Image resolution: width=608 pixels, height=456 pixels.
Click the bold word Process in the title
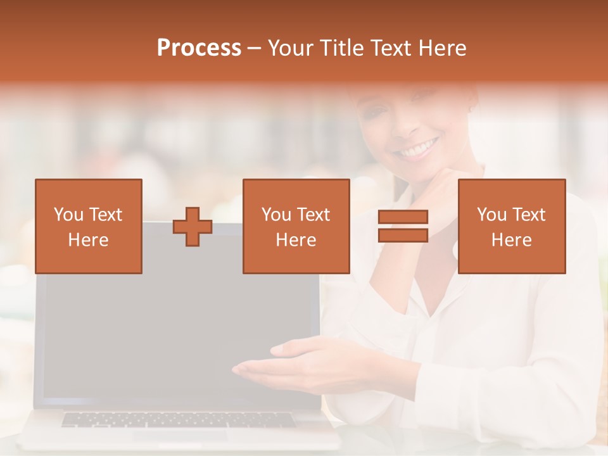[199, 48]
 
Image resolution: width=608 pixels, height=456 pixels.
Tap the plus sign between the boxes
[193, 226]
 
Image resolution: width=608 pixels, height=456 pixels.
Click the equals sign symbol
[403, 226]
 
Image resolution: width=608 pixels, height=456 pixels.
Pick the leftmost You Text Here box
[89, 226]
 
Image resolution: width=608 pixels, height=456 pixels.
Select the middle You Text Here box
[296, 226]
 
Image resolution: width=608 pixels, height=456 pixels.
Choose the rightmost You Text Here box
[512, 226]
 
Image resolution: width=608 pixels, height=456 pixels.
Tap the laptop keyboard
[177, 420]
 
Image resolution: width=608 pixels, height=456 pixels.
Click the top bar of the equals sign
[403, 217]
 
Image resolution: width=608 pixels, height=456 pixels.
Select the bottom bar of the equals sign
[403, 236]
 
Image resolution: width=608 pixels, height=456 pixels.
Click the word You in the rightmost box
[491, 215]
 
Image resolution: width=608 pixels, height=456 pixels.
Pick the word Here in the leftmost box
[89, 240]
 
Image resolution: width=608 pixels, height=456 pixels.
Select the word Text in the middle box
[313, 215]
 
